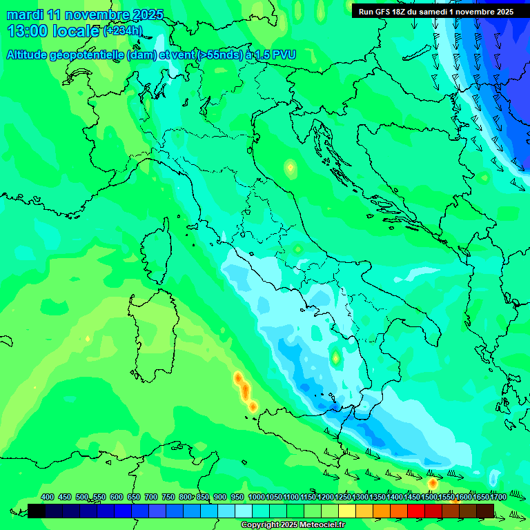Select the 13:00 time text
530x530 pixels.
[27, 31]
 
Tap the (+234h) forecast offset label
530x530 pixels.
[123, 31]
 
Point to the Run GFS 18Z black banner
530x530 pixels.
[436, 12]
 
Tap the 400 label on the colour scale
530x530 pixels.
[48, 497]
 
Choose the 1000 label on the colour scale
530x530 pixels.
[256, 497]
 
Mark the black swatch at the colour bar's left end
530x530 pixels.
[37, 511]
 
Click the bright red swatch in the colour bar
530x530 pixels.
[416, 511]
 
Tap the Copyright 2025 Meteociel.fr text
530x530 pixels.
[293, 525]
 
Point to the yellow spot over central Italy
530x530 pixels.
[290, 167]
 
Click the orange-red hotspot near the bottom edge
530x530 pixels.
[433, 483]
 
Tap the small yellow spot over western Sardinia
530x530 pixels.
[88, 339]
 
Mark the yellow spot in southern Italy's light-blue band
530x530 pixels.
[335, 358]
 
